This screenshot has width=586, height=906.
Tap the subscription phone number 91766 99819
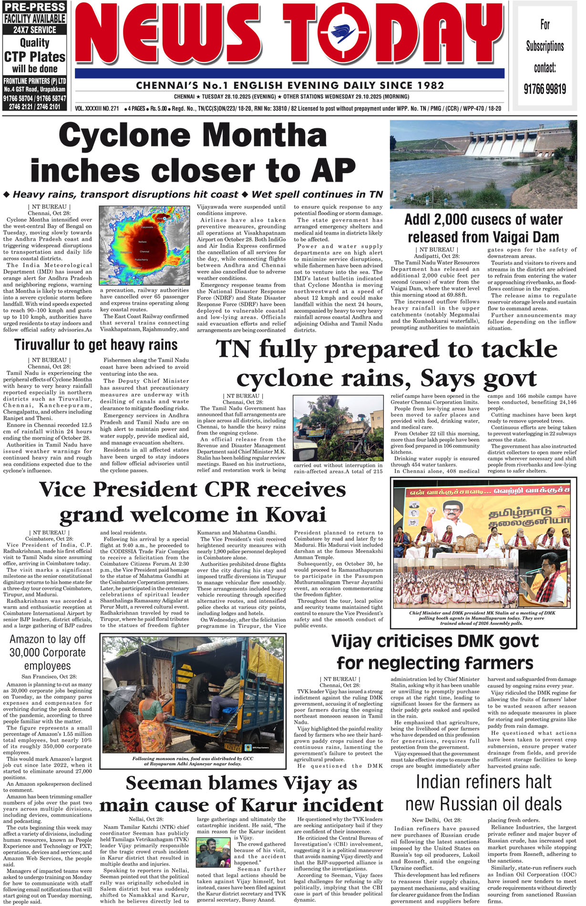[x=545, y=89]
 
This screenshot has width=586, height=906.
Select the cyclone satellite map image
[x=144, y=245]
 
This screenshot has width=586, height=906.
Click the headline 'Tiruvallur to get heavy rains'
[x=96, y=344]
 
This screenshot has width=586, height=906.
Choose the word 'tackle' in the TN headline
[x=519, y=350]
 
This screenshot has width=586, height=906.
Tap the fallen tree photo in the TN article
[x=338, y=428]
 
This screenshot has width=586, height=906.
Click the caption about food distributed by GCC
[x=193, y=761]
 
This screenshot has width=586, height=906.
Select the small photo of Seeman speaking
[x=213, y=852]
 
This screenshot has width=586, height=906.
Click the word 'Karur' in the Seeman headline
[x=270, y=805]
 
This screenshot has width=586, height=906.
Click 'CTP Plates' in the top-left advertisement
[x=34, y=57]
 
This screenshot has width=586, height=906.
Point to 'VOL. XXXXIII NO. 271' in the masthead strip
[x=97, y=109]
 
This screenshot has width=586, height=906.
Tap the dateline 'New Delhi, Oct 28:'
[x=436, y=820]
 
